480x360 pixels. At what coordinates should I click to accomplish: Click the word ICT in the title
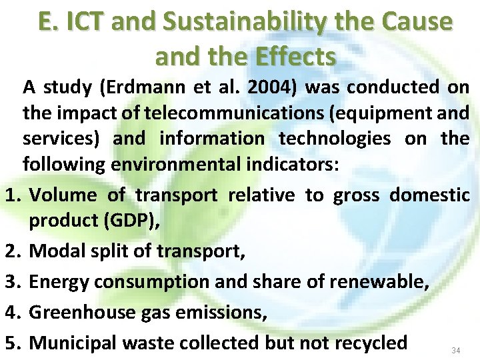(x=86, y=22)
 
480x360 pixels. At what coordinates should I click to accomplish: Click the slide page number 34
(x=456, y=351)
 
